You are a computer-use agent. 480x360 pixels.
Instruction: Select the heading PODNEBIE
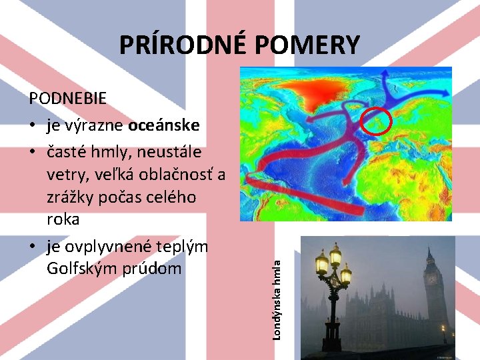click(x=67, y=99)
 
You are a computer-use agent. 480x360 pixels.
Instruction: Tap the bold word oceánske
click(x=164, y=126)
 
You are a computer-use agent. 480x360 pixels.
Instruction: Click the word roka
click(x=63, y=220)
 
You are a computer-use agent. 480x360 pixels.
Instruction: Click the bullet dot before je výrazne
click(x=32, y=126)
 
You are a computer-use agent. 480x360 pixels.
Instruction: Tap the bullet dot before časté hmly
click(x=32, y=153)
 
